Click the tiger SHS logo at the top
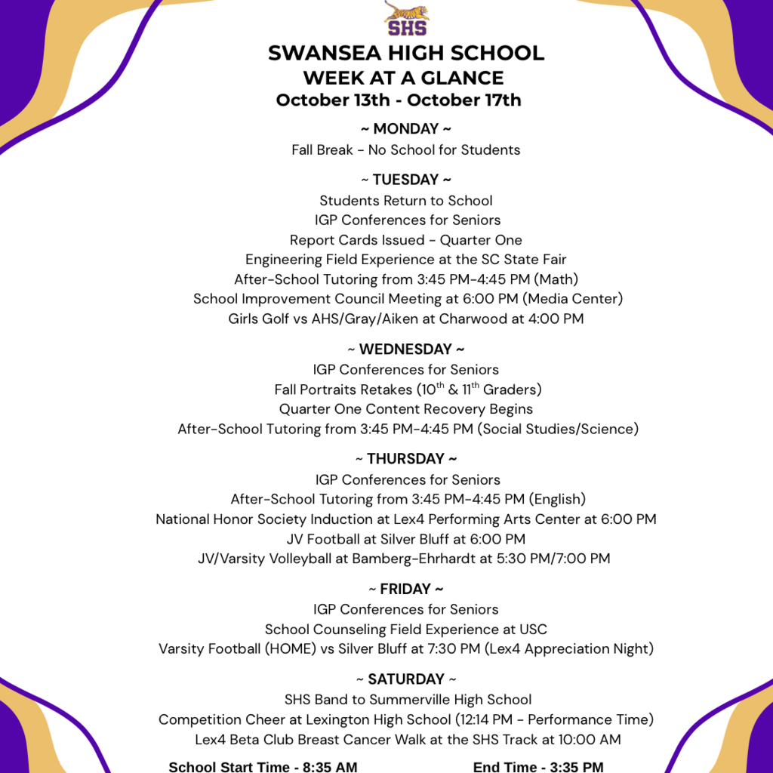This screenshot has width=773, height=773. pos(406,18)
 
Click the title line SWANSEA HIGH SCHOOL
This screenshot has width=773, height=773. pos(406,54)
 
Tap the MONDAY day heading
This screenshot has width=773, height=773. pos(406,129)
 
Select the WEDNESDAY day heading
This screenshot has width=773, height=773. pos(406,350)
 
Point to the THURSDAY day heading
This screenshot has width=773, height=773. pos(406,459)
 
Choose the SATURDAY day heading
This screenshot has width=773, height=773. pos(406,679)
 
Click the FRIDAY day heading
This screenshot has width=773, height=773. pos(406,589)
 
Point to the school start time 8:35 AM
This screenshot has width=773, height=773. pos(330,767)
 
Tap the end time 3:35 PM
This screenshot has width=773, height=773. pos(576,767)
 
